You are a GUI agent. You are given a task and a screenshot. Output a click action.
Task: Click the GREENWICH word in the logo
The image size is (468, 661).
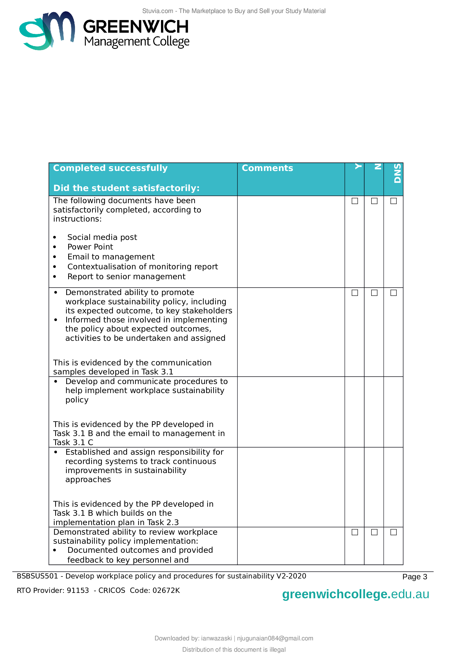click(136, 27)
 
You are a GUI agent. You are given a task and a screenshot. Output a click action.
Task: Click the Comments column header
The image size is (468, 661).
click(267, 168)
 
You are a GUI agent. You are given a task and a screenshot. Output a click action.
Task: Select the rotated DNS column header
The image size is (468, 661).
click(397, 173)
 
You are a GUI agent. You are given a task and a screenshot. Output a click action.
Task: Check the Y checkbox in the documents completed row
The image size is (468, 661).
click(355, 201)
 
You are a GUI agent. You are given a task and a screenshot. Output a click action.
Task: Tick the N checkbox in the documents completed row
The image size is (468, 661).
click(374, 201)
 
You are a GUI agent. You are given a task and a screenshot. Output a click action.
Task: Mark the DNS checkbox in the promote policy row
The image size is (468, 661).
click(393, 293)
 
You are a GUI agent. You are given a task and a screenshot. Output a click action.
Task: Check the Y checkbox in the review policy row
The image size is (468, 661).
click(355, 532)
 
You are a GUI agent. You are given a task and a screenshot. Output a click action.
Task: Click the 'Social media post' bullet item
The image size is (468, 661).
click(102, 237)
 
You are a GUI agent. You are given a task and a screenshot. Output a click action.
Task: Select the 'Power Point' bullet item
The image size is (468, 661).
click(90, 247)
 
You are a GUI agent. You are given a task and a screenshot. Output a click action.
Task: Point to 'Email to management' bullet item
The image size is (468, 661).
click(111, 257)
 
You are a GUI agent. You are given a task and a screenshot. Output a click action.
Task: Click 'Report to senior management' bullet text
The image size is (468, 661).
click(126, 277)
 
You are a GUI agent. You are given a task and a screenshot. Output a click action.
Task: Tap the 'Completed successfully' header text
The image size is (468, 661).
click(110, 168)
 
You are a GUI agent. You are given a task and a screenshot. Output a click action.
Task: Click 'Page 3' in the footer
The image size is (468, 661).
click(415, 577)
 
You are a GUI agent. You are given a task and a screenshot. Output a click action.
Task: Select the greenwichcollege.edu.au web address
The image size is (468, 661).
click(355, 594)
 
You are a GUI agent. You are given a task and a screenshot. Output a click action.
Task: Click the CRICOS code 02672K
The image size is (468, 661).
click(166, 590)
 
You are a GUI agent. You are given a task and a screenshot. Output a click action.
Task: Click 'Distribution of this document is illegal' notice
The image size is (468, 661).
click(234, 649)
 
